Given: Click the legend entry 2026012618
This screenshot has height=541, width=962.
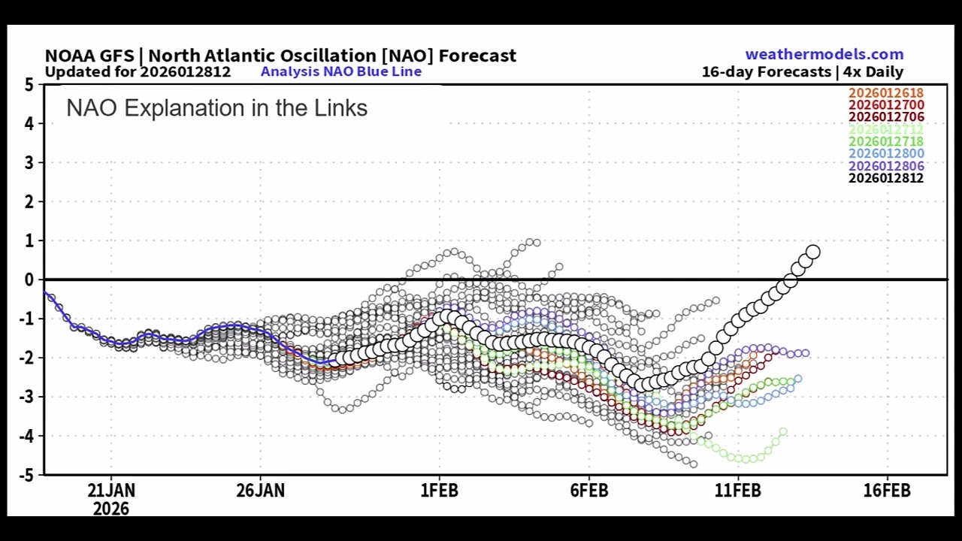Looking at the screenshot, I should pyautogui.click(x=886, y=93).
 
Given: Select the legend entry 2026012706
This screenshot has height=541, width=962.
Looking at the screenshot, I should pyautogui.click(x=886, y=117).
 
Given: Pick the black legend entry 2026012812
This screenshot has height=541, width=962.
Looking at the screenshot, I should pyautogui.click(x=886, y=178).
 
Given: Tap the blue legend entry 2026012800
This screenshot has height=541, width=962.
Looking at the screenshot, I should pyautogui.click(x=886, y=154).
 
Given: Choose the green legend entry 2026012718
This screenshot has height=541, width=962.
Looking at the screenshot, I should pyautogui.click(x=886, y=141).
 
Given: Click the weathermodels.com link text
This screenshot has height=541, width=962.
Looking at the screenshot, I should pyautogui.click(x=824, y=54).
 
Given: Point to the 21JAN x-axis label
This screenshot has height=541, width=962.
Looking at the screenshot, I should pyautogui.click(x=111, y=491).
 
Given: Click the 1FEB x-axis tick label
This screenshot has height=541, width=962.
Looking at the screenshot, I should pyautogui.click(x=439, y=491).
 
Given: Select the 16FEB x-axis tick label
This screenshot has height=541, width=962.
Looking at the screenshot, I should pyautogui.click(x=887, y=491).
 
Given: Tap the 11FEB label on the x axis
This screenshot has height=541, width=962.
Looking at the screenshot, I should pyautogui.click(x=737, y=491).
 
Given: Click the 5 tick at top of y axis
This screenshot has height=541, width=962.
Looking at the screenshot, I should pyautogui.click(x=29, y=85).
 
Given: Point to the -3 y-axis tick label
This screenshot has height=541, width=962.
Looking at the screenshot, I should pyautogui.click(x=26, y=397).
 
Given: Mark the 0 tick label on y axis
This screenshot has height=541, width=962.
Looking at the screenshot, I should pyautogui.click(x=29, y=280).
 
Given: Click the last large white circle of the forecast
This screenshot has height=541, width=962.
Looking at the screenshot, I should pyautogui.click(x=812, y=252).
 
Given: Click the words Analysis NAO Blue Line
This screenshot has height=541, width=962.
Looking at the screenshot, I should pyautogui.click(x=340, y=72).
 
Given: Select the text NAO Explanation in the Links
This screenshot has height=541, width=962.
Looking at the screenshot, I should pyautogui.click(x=216, y=108).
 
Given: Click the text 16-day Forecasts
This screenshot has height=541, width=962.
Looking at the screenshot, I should pyautogui.click(x=766, y=72).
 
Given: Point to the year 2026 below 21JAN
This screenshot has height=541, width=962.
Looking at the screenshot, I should pyautogui.click(x=111, y=509).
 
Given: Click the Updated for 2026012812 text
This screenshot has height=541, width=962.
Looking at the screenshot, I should pyautogui.click(x=138, y=72).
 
